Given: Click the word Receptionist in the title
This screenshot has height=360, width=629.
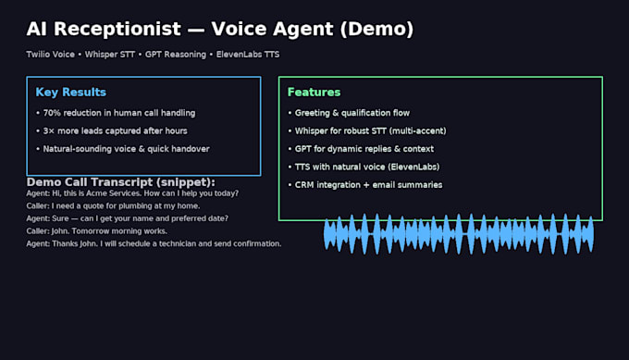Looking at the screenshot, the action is (117, 30).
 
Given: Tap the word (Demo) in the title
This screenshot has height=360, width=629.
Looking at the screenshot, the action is (376, 30).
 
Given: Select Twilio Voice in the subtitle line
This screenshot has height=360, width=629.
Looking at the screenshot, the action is (51, 55).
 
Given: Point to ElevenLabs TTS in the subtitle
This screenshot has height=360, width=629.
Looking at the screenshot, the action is (248, 55).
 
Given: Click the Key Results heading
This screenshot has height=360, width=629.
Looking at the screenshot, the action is (71, 93).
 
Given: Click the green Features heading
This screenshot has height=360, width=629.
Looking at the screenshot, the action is (314, 93).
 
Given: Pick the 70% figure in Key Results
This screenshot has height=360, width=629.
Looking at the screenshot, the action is (52, 113).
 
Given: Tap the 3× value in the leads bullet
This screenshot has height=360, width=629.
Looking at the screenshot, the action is (48, 131).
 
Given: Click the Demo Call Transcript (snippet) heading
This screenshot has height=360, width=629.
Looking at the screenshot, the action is (121, 182).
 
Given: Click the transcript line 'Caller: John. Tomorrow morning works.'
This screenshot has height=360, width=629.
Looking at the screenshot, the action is (97, 231).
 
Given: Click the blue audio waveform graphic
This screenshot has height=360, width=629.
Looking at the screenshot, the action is (459, 234).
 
